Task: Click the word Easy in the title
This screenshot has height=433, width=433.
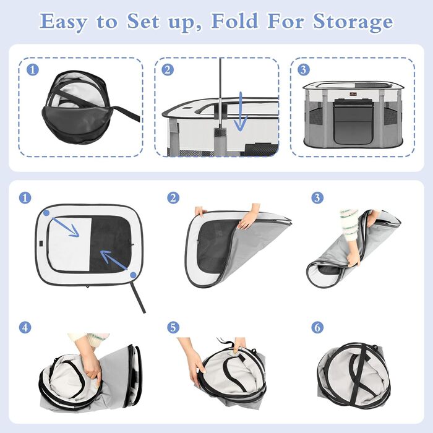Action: tap(63, 21)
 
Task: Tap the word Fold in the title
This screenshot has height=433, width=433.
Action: tap(235, 20)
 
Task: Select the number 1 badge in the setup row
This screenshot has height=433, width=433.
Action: tap(33, 70)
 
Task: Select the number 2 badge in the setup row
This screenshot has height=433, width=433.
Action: tap(168, 70)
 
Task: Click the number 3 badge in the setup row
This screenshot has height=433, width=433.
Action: tap(304, 69)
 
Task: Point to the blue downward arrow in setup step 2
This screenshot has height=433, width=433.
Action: tap(241, 111)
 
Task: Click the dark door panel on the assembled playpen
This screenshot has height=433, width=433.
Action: tap(353, 121)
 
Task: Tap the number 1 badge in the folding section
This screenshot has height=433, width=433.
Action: tap(25, 198)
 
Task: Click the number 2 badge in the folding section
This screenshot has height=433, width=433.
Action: tap(173, 198)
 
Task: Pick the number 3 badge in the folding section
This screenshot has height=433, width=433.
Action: tap(317, 198)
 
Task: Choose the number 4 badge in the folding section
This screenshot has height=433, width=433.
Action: tap(25, 327)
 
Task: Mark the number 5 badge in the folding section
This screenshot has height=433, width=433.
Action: tap(173, 327)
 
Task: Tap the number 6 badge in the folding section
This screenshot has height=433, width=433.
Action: tap(317, 327)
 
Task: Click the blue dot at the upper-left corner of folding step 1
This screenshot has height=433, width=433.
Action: tap(46, 213)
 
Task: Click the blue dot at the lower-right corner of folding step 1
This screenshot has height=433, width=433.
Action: tap(133, 275)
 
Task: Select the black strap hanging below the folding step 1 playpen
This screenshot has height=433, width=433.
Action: tap(139, 298)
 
